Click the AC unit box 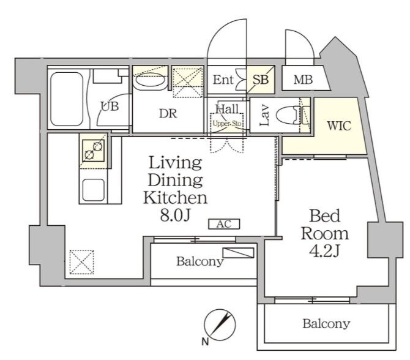pyautogui.click(x=224, y=224)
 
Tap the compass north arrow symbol pyautogui.click(x=220, y=324)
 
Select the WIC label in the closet pyautogui.click(x=339, y=126)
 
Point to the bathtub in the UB pyautogui.click(x=67, y=99)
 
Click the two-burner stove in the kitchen pyautogui.click(x=94, y=151)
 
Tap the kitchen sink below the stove pyautogui.click(x=94, y=190)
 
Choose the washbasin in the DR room pyautogui.click(x=150, y=83)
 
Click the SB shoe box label pyautogui.click(x=261, y=80)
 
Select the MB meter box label pyautogui.click(x=303, y=80)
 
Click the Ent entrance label pyautogui.click(x=223, y=80)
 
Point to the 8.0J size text pyautogui.click(x=174, y=216)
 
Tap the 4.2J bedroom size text pyautogui.click(x=324, y=250)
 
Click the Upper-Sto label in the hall pyautogui.click(x=227, y=124)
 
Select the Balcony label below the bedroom pyautogui.click(x=326, y=324)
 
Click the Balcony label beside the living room pyautogui.click(x=199, y=261)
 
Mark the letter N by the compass pyautogui.click(x=205, y=342)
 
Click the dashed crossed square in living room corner pyautogui.click(x=82, y=262)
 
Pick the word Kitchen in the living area pyautogui.click(x=175, y=198)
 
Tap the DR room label pyautogui.click(x=168, y=113)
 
